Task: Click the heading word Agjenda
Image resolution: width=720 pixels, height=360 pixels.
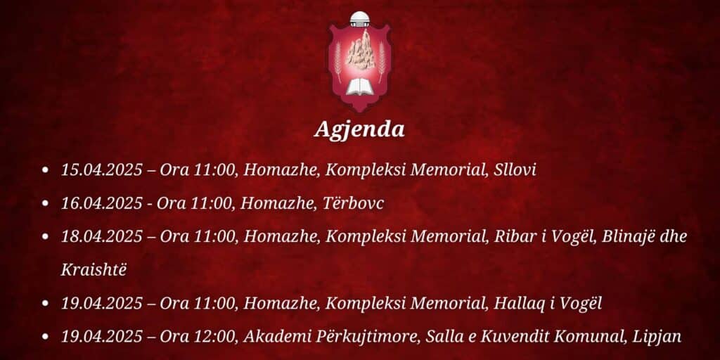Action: [359, 130]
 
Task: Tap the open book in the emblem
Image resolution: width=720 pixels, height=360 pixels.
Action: [359, 86]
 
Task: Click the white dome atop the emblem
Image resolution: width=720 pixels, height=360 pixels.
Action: [359, 18]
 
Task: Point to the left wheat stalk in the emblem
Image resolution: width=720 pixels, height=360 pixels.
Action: [338, 62]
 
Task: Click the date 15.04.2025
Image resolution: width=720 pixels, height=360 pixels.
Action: [102, 170]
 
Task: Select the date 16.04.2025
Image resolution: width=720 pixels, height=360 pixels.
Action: [102, 203]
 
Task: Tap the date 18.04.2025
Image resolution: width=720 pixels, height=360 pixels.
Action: [102, 237]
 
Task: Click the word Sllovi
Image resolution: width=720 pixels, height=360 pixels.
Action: [515, 170]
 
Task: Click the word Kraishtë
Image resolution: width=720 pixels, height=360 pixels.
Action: [94, 270]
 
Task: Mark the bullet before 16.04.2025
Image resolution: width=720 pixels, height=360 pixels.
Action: [45, 203]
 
